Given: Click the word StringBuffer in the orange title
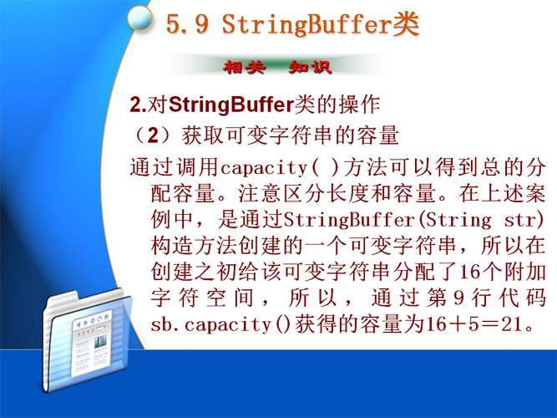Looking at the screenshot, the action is point(307,24).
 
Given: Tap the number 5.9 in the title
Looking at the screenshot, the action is point(187,24).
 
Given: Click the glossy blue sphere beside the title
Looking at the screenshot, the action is point(139,18).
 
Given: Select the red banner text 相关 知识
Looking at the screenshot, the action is point(277,67).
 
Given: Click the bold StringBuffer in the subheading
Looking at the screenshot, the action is point(231,105).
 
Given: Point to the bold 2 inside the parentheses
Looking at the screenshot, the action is point(153,135).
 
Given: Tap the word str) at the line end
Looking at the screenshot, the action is point(524,220).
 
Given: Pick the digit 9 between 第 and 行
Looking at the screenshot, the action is point(458,298).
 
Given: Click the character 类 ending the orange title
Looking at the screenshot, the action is point(406,24).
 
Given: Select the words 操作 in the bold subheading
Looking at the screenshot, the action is point(359,105).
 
